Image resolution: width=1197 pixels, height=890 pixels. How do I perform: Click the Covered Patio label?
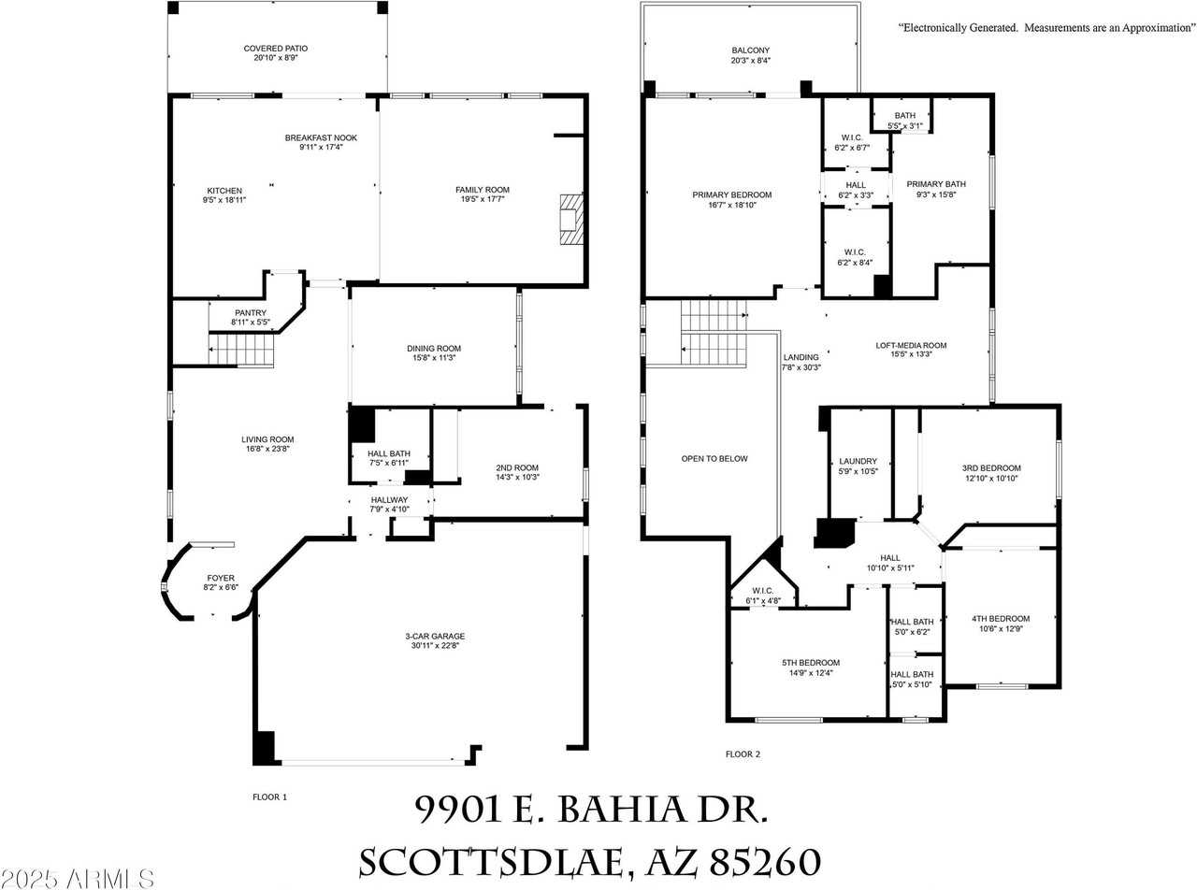pyautogui.click(x=275, y=48)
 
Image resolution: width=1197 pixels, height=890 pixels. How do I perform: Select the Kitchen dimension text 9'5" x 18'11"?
pyautogui.click(x=224, y=200)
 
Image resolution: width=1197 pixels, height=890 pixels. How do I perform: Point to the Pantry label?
pyautogui.click(x=250, y=313)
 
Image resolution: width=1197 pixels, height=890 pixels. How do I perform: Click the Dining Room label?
pyautogui.click(x=434, y=348)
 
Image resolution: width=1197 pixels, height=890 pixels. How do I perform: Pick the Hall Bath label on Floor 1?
pyautogui.click(x=387, y=453)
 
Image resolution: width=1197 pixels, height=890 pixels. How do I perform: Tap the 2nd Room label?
pyautogui.click(x=516, y=467)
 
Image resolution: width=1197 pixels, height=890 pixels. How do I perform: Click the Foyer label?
pyautogui.click(x=221, y=578)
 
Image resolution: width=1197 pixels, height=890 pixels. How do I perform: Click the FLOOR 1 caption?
pyautogui.click(x=269, y=797)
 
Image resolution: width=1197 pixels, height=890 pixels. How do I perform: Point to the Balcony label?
pyautogui.click(x=751, y=50)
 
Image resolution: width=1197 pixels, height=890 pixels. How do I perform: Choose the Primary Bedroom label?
pyautogui.click(x=731, y=194)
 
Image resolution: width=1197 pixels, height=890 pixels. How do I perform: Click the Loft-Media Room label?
pyautogui.click(x=911, y=345)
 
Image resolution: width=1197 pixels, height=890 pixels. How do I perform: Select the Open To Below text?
pyautogui.click(x=714, y=458)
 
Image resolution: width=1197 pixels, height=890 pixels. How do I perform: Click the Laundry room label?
pyautogui.click(x=858, y=461)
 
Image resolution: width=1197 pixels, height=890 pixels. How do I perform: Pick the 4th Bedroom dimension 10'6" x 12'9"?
pyautogui.click(x=1000, y=628)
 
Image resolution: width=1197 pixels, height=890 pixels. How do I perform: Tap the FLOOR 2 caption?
pyautogui.click(x=743, y=754)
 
